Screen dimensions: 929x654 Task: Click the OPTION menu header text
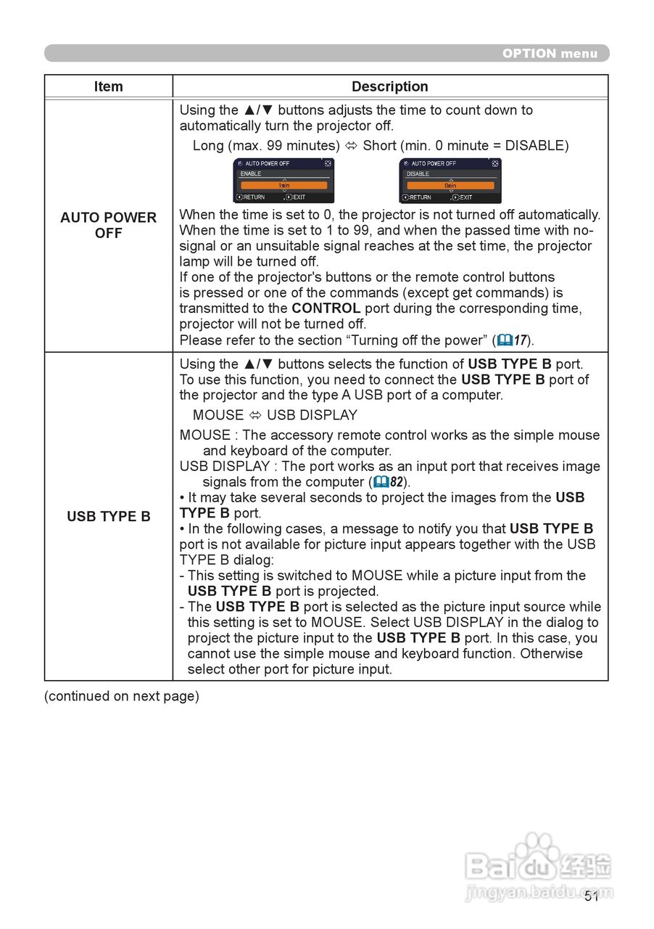pos(550,53)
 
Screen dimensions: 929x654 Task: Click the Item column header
pos(108,86)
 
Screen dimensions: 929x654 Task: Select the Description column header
pos(389,86)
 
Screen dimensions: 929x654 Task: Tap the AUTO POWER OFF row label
pos(108,225)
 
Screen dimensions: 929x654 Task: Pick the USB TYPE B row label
pos(108,517)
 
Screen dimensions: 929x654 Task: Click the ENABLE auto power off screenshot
pos(283,181)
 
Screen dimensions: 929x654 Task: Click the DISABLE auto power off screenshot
pos(450,181)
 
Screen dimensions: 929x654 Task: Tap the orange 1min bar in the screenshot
pos(283,186)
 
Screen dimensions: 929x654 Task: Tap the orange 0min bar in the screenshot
pos(450,186)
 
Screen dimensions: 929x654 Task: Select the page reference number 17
pos(521,340)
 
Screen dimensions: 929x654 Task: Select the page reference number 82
pos(396,482)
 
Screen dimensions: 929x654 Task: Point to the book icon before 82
pos(381,482)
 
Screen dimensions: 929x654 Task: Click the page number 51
pos(592,896)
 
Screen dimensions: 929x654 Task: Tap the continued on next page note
pos(121,696)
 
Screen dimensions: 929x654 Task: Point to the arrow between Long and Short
pos(351,146)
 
